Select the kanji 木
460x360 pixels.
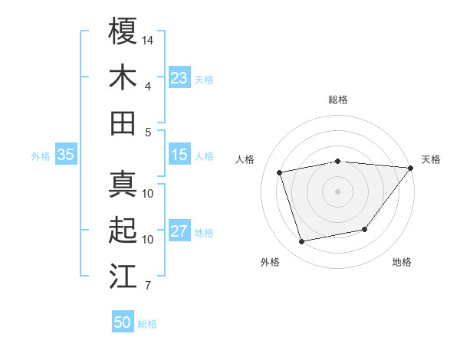pyautogui.click(x=123, y=77)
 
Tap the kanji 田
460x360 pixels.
pyautogui.click(x=123, y=123)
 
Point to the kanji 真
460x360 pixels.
pyautogui.click(x=123, y=184)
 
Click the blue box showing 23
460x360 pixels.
pyautogui.click(x=179, y=78)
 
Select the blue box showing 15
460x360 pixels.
pyautogui.click(x=179, y=155)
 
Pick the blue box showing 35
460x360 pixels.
pyautogui.click(x=66, y=155)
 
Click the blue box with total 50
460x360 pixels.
pyautogui.click(x=123, y=322)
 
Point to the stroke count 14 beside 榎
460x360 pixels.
pyautogui.click(x=148, y=38)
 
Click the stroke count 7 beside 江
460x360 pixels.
pyautogui.click(x=147, y=286)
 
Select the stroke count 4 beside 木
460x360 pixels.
pyautogui.click(x=147, y=86)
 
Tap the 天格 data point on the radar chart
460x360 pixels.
pyautogui.click(x=410, y=168)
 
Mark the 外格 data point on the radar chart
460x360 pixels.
pyautogui.click(x=302, y=242)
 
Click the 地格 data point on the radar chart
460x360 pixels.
pyautogui.click(x=365, y=230)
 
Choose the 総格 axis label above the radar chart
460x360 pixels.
pyautogui.click(x=337, y=100)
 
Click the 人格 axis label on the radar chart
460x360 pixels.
pyautogui.click(x=246, y=159)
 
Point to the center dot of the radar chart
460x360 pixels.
pyautogui.click(x=337, y=191)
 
